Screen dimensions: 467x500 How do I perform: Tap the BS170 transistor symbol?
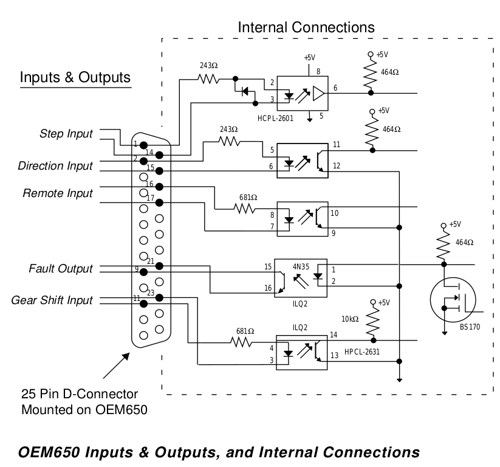point(452,302)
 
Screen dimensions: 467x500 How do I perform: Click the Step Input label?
point(66,133)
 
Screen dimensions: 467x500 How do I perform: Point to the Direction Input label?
point(55,166)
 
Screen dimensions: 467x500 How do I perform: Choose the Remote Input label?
point(58,193)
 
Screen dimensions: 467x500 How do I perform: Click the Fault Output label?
point(62,269)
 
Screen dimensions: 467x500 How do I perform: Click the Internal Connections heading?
point(306,27)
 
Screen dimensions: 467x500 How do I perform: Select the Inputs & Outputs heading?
point(75,78)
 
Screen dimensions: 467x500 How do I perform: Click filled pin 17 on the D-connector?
point(159,202)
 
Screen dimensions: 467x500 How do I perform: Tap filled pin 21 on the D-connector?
point(159,266)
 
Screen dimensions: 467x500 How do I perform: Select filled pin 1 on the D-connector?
point(143,145)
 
